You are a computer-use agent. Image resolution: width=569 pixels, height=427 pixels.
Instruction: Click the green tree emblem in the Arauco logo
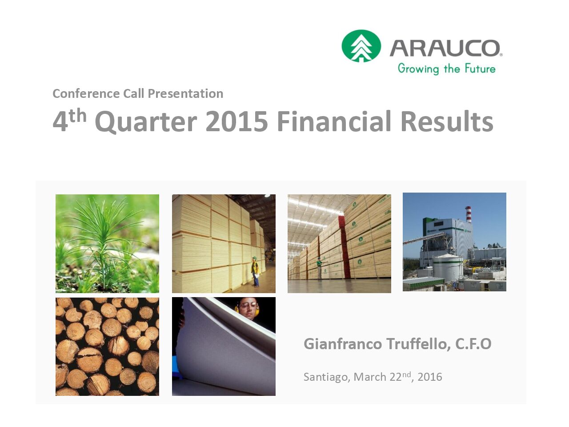click(x=361, y=46)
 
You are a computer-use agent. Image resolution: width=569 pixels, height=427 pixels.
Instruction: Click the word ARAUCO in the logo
click(x=445, y=48)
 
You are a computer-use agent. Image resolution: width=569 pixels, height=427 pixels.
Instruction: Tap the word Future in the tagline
click(x=480, y=68)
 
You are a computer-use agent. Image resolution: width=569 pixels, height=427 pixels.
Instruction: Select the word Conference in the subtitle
click(x=86, y=93)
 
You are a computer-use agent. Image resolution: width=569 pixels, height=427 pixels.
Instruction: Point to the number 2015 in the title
click(x=236, y=121)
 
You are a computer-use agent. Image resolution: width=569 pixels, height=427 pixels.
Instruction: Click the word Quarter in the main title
click(x=146, y=122)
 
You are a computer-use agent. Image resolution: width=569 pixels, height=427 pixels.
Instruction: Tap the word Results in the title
click(x=447, y=121)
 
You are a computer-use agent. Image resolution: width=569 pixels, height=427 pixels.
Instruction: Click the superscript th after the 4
click(x=78, y=116)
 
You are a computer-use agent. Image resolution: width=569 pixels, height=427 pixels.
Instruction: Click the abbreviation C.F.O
click(x=473, y=344)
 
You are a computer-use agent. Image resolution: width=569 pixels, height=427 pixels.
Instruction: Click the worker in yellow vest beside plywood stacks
click(x=255, y=271)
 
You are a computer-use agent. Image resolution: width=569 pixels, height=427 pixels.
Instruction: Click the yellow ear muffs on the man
click(x=236, y=309)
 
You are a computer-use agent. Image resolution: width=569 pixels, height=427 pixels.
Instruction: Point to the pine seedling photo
click(x=107, y=244)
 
